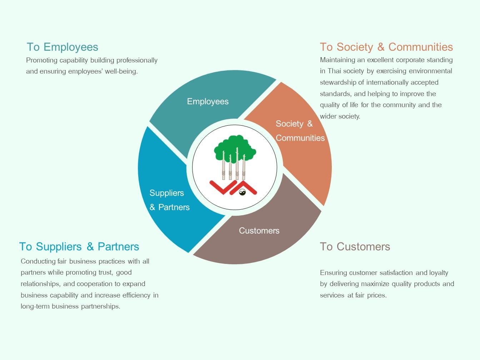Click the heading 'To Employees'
[x=62, y=47]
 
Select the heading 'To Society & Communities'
[x=386, y=47]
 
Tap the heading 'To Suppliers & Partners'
[x=79, y=247]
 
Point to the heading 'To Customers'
[x=355, y=246]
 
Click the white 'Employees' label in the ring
[x=208, y=101]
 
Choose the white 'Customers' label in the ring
[x=259, y=231]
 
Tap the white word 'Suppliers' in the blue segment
[x=167, y=193]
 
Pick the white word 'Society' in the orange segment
[x=290, y=124]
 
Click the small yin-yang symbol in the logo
[x=242, y=192]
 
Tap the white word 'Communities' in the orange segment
[x=300, y=138]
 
